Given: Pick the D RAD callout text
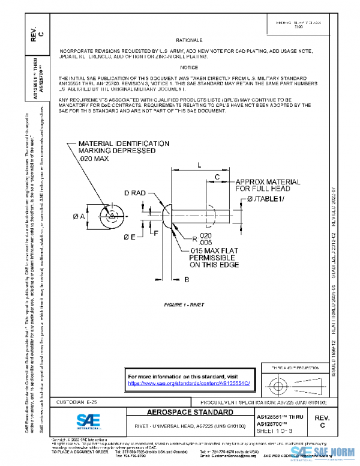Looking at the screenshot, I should pyautogui.click(x=136, y=193).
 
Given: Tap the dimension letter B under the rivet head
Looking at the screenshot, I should pyautogui.click(x=187, y=279).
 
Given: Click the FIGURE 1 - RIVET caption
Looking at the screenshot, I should pyautogui.click(x=184, y=305).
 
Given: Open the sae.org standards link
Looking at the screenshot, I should pyautogui.click(x=193, y=383).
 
